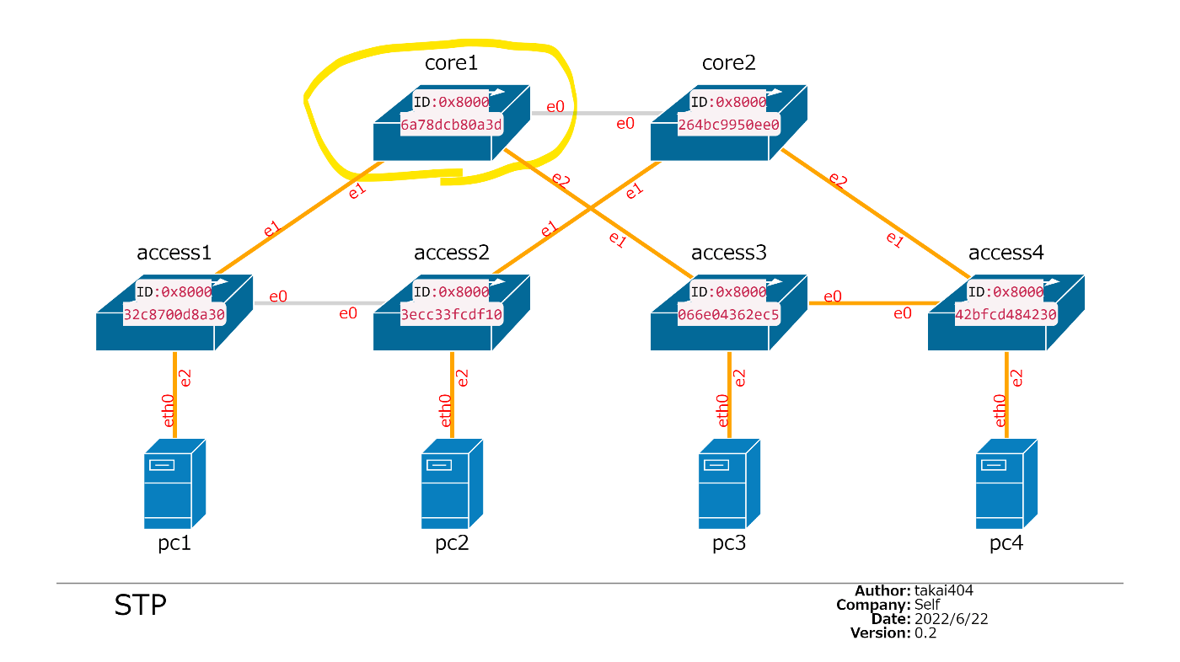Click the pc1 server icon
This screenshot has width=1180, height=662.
[x=174, y=483]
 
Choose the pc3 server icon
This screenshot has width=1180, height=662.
[x=729, y=483]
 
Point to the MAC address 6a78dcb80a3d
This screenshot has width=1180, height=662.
[x=452, y=125]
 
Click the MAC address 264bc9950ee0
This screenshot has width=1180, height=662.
[x=729, y=125]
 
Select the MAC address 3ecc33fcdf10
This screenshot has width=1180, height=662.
[x=452, y=315]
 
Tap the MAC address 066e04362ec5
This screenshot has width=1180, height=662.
[x=729, y=315]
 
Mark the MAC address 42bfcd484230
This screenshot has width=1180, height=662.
[x=1006, y=315]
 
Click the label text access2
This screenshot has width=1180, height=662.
[x=451, y=253]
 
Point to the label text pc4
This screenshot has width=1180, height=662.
[x=1006, y=543]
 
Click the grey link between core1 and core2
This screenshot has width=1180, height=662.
[x=595, y=113]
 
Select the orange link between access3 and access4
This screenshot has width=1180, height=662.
[x=872, y=302]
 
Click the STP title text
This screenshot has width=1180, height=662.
[x=140, y=606]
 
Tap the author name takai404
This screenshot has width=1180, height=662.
[x=944, y=590]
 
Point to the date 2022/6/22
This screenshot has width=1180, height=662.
[x=951, y=619]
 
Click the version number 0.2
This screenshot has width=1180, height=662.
[x=925, y=633]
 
